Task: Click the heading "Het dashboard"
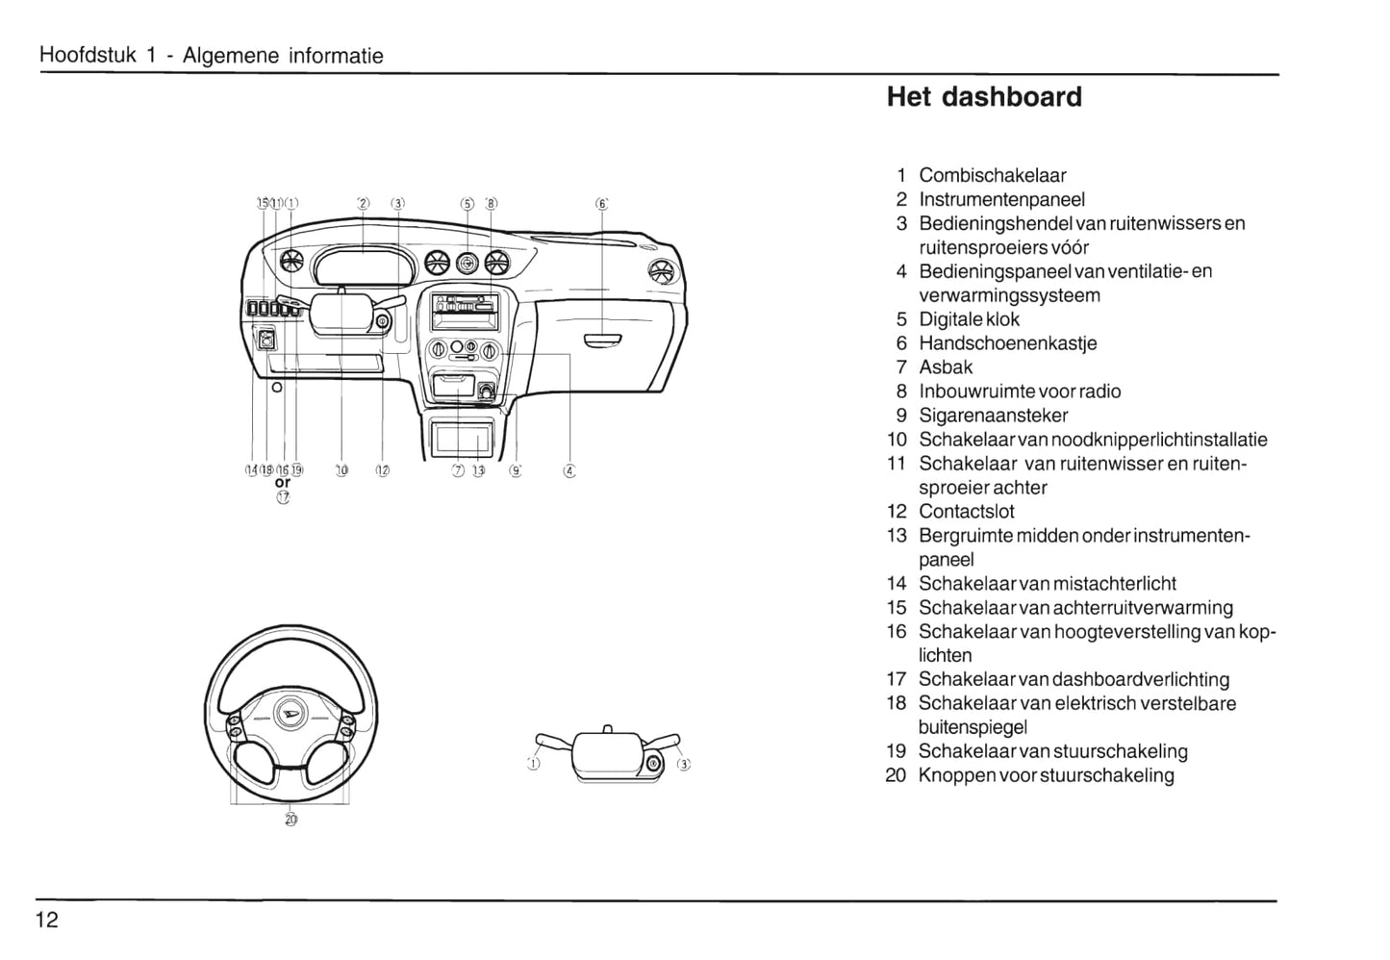(983, 97)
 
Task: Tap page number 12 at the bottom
(47, 920)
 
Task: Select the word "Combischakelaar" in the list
(992, 175)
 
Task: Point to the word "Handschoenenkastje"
(1007, 343)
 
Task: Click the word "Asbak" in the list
(946, 367)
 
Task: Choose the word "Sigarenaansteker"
(993, 416)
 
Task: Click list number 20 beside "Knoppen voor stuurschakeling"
(896, 775)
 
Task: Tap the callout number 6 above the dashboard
(601, 204)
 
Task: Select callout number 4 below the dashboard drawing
(569, 470)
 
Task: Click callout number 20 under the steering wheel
(291, 820)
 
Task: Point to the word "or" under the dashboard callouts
(283, 483)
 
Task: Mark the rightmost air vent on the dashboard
(661, 270)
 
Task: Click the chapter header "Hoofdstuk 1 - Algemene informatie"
(211, 56)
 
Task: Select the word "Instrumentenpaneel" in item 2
(1001, 199)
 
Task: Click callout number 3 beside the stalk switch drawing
(684, 765)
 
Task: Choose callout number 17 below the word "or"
(283, 497)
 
